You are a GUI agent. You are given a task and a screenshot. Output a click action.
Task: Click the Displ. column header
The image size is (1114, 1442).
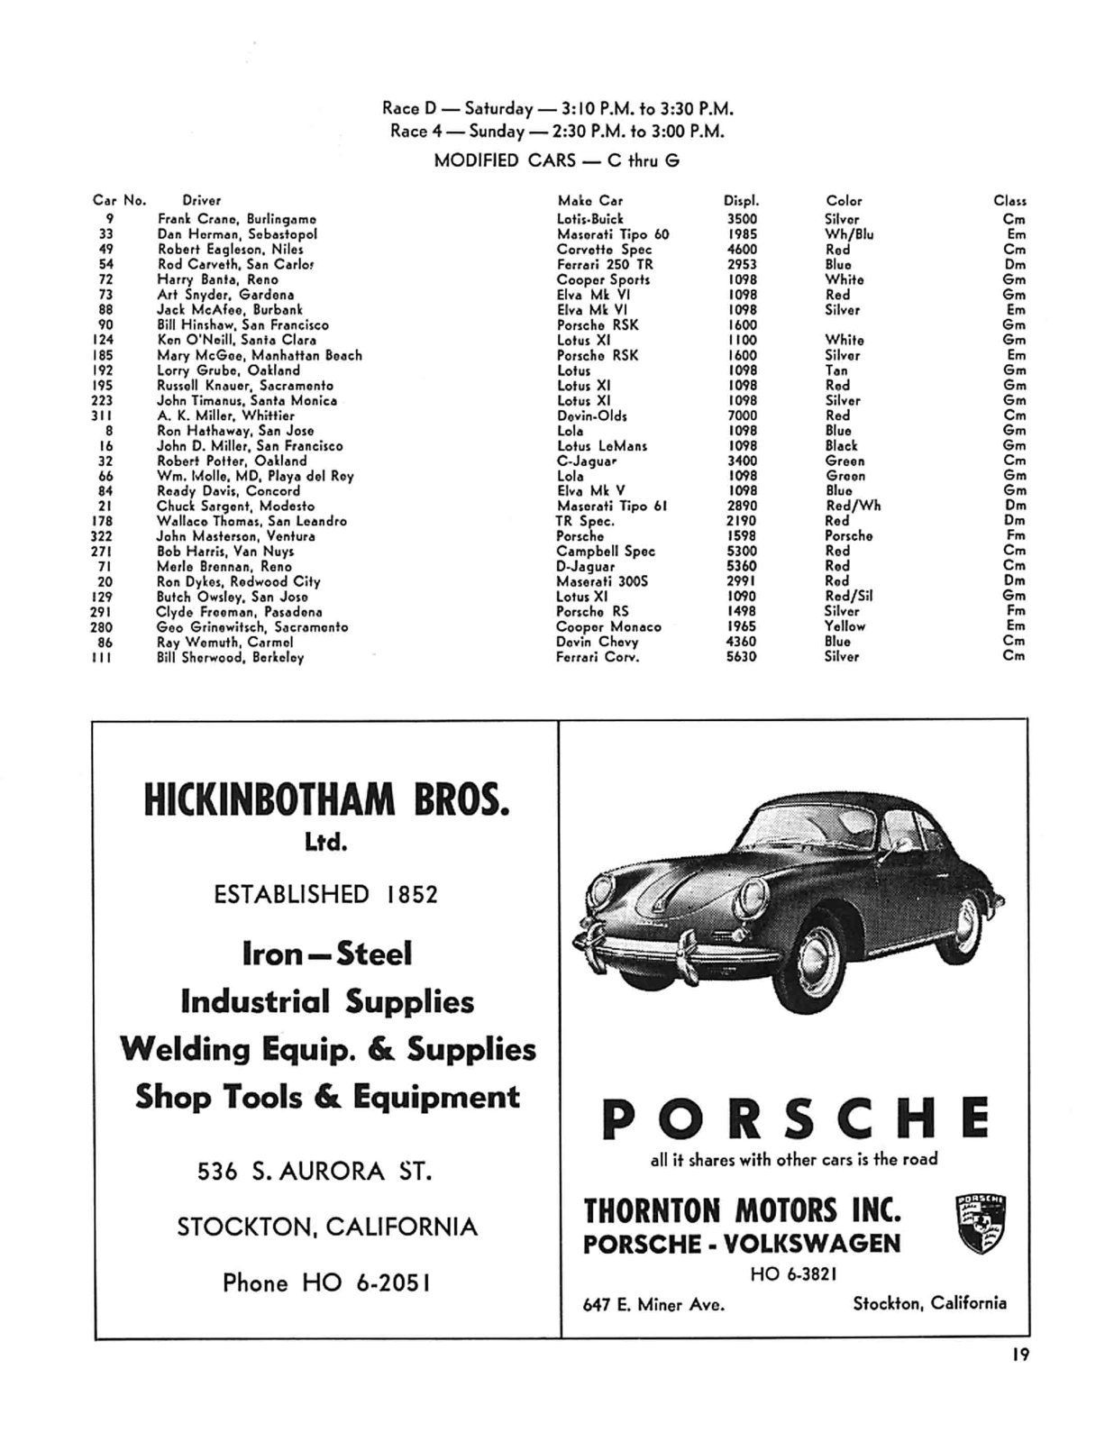pos(741,201)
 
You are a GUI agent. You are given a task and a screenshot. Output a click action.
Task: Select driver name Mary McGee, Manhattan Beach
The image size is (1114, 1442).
pos(260,355)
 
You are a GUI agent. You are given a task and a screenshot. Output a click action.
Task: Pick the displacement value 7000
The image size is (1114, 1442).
pos(742,415)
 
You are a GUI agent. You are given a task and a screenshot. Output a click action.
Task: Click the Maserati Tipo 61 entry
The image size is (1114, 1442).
pos(611,506)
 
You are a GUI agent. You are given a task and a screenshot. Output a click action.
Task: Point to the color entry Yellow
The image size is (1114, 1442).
pos(845,626)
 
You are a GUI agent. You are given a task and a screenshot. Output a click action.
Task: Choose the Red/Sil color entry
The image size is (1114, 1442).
pos(848,596)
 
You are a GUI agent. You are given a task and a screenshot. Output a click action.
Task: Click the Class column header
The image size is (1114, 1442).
pos(1009,201)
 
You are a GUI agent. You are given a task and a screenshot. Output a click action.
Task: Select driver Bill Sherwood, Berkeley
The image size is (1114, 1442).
pos(231,657)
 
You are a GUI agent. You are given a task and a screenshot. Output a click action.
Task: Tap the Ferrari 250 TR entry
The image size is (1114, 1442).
pos(605,264)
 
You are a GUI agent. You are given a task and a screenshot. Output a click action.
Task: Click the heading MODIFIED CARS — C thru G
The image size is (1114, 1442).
pos(557,160)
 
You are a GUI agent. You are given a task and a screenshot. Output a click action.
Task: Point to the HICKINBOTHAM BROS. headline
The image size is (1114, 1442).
pos(326,800)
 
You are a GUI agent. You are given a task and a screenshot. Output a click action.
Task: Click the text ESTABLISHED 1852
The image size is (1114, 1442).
pos(325,894)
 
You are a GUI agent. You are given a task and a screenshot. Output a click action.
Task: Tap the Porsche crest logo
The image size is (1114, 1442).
pos(980,1225)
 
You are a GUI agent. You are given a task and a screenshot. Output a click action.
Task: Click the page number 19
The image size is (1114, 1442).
pos(1019,1354)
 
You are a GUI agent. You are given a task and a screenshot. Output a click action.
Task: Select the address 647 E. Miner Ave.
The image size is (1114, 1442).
pos(653,1303)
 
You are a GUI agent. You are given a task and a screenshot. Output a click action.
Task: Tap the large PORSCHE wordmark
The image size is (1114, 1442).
pos(795,1118)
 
